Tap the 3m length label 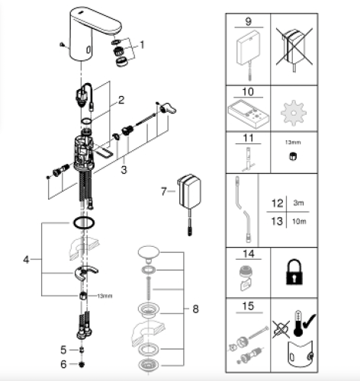pyautogui.click(x=297, y=204)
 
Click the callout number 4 pyautogui.click(x=26, y=260)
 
